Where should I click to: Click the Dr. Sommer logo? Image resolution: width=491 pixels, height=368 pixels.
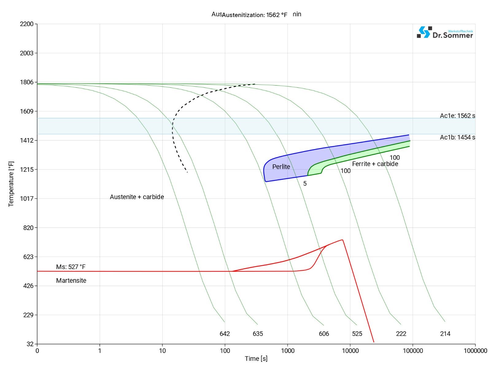445,33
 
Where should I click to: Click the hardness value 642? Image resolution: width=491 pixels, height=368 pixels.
225,334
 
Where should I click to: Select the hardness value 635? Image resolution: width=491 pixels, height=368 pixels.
258,334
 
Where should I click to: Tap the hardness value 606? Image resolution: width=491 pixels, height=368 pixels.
324,334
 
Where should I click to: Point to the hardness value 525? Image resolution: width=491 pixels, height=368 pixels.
357,334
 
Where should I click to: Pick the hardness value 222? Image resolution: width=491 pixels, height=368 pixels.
401,334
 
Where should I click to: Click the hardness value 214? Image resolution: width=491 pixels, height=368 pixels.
445,334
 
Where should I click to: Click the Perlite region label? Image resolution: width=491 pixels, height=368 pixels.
281,167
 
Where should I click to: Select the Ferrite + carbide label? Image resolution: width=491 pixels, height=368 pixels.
375,164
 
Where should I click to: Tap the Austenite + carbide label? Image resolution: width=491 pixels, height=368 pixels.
137,197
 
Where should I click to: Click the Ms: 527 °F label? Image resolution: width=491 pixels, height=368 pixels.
71,267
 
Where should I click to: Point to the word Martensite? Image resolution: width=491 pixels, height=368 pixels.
71,281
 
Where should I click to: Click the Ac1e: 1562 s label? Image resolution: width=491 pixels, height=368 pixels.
457,116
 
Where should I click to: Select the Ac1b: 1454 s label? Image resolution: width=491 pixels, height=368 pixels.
457,137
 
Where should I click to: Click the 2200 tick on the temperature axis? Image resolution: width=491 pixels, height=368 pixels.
27,24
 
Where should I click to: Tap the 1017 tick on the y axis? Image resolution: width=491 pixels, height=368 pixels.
27,198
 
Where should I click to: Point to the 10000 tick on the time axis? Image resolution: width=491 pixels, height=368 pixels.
350,351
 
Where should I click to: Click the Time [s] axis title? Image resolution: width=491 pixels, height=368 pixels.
256,358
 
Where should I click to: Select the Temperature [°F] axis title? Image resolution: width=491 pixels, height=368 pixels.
11,184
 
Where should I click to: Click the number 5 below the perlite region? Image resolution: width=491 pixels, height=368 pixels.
305,183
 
